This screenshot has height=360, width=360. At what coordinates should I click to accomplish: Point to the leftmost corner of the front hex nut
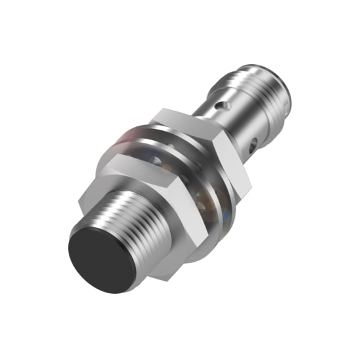pyautogui.click(x=84, y=196)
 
